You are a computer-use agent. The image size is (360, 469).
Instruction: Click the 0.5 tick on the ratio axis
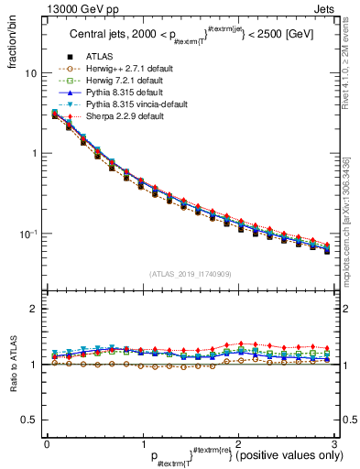coord(30,420)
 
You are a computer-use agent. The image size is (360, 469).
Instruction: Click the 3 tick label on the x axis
coord(334,444)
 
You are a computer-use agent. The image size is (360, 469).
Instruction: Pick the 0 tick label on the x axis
coord(47,444)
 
